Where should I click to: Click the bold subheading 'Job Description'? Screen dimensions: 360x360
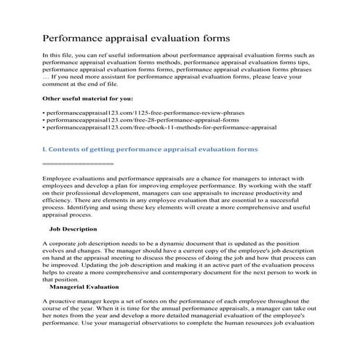tap(76, 229)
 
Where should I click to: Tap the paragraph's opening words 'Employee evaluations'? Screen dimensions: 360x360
tap(73, 177)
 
